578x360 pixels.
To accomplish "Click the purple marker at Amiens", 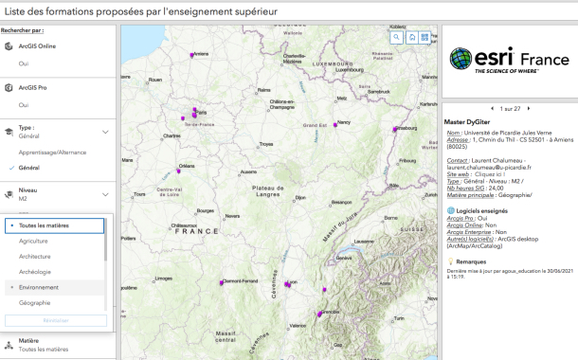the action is point(193,55).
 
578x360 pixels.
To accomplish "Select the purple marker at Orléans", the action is point(180,167).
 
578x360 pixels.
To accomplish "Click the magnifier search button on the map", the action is point(398,37).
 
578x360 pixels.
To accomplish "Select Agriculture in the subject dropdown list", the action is point(33,242).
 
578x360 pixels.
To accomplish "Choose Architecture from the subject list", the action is point(35,256).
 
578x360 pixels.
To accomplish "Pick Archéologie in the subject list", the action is point(34,271).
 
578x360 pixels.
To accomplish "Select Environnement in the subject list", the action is point(38,286).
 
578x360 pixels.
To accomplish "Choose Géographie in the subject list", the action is point(34,302).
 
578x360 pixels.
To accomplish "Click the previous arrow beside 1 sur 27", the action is point(492,109).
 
